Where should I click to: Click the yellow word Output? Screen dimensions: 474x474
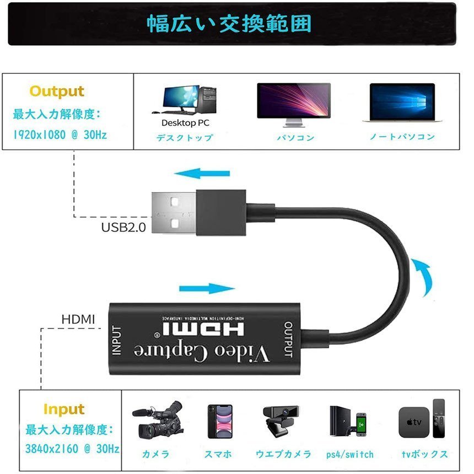[x=57, y=91]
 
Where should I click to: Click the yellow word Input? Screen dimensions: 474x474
[x=64, y=410]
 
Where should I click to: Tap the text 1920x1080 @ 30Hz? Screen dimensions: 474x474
[x=60, y=134]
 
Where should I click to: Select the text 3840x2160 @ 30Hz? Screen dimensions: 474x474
[x=72, y=449]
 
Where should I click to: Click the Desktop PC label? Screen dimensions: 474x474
[x=185, y=123]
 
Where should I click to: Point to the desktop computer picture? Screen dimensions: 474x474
[x=185, y=100]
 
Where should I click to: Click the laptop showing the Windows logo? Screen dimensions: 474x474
[x=402, y=103]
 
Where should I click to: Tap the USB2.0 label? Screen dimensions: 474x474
[x=123, y=227]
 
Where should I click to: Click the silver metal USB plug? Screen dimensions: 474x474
[x=174, y=213]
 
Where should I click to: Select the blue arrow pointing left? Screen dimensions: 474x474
[x=202, y=174]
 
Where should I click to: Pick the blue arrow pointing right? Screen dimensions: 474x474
[x=207, y=288]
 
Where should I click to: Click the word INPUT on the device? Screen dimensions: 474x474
[x=117, y=340]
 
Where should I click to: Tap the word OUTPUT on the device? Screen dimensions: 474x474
[x=288, y=339]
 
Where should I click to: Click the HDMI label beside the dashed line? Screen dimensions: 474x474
[x=78, y=319]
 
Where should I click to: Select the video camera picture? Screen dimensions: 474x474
[x=158, y=420]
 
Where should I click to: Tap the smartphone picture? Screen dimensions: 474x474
[x=220, y=422]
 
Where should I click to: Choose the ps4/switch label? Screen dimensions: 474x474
[x=350, y=454]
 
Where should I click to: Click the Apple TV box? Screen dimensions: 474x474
[x=414, y=422]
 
